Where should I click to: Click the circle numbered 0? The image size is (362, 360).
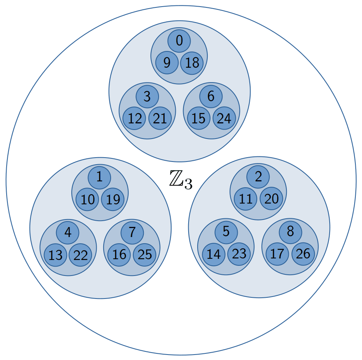coord(179,41)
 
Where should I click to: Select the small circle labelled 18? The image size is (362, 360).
coord(192,63)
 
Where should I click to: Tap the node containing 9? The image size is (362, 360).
coord(167,63)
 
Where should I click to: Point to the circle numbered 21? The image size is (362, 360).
coord(160,118)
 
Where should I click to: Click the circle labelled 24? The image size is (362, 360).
coord(224,118)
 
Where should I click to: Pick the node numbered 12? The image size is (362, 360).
coord(134,118)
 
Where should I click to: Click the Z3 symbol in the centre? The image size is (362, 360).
coord(181,180)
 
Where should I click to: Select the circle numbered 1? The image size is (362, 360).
coord(99,177)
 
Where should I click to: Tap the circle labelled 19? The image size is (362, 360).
coord(113,200)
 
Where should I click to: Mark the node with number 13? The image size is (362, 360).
coord(55,255)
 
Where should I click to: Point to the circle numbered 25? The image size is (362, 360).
coord(145,255)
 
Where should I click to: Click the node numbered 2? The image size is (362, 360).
coord(258,177)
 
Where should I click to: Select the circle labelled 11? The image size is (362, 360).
coord(245,199)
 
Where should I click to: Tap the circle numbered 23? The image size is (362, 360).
coord(239,254)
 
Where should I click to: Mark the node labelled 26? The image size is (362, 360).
coord(303,254)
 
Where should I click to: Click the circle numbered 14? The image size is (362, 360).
coord(214,254)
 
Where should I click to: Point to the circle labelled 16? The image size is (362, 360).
coord(119,255)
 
